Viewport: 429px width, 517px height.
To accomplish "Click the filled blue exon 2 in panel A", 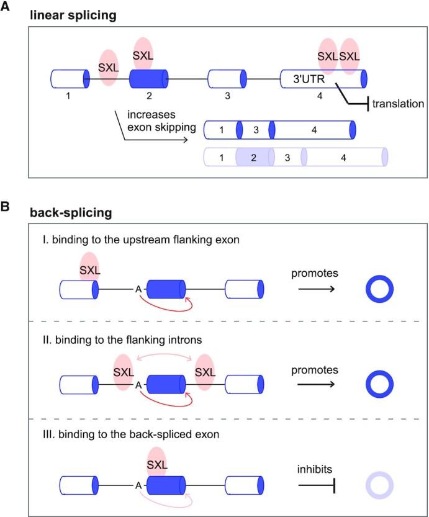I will (148, 79).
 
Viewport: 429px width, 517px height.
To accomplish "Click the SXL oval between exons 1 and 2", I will (109, 67).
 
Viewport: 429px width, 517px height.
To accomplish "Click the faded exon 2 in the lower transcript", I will (252, 158).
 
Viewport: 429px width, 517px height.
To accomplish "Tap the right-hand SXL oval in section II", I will (205, 372).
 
